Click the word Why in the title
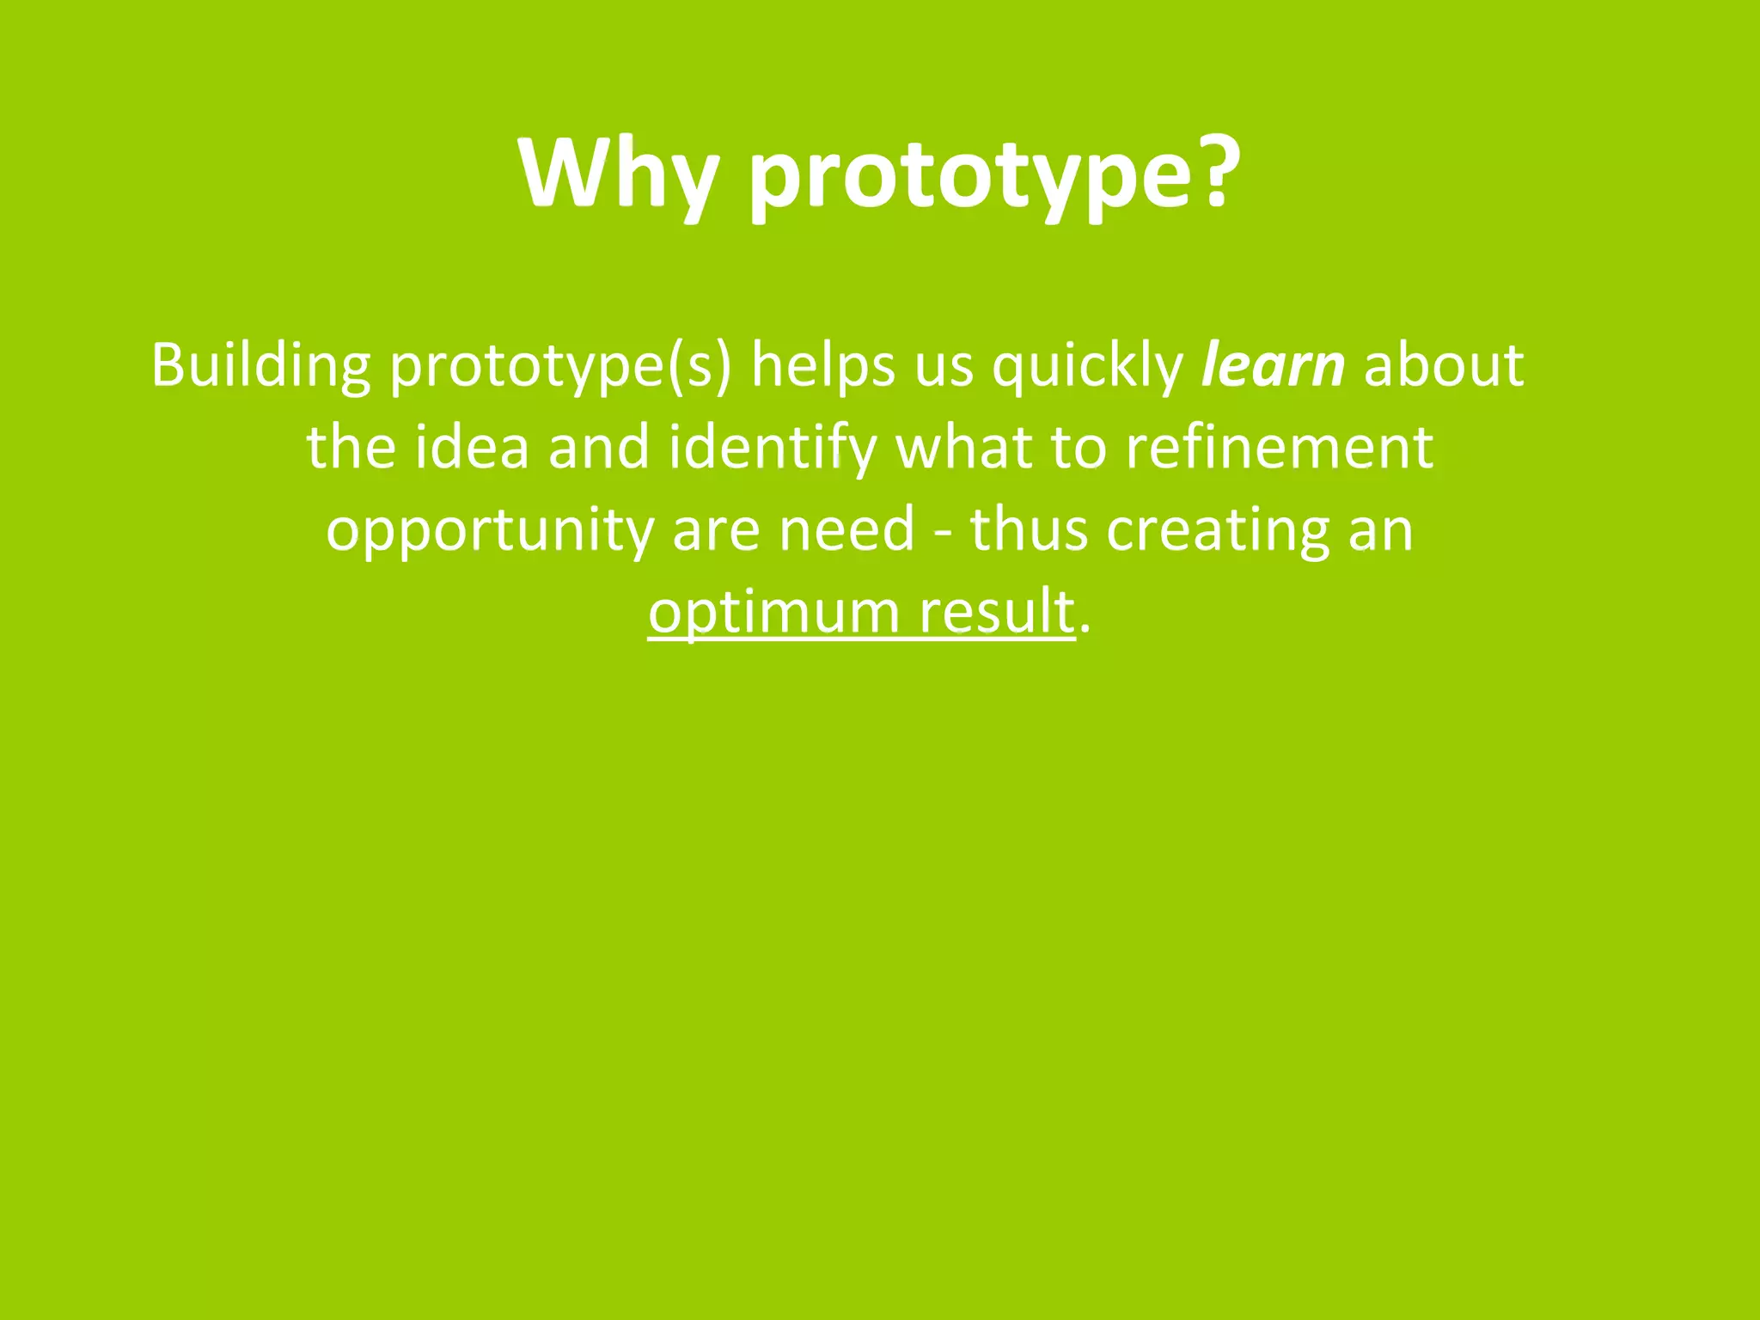[x=617, y=174]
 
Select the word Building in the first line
[x=260, y=366]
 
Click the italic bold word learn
[x=1272, y=366]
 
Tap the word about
[x=1443, y=366]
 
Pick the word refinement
[x=1279, y=448]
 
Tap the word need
[x=846, y=529]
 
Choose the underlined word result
[x=997, y=612]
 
